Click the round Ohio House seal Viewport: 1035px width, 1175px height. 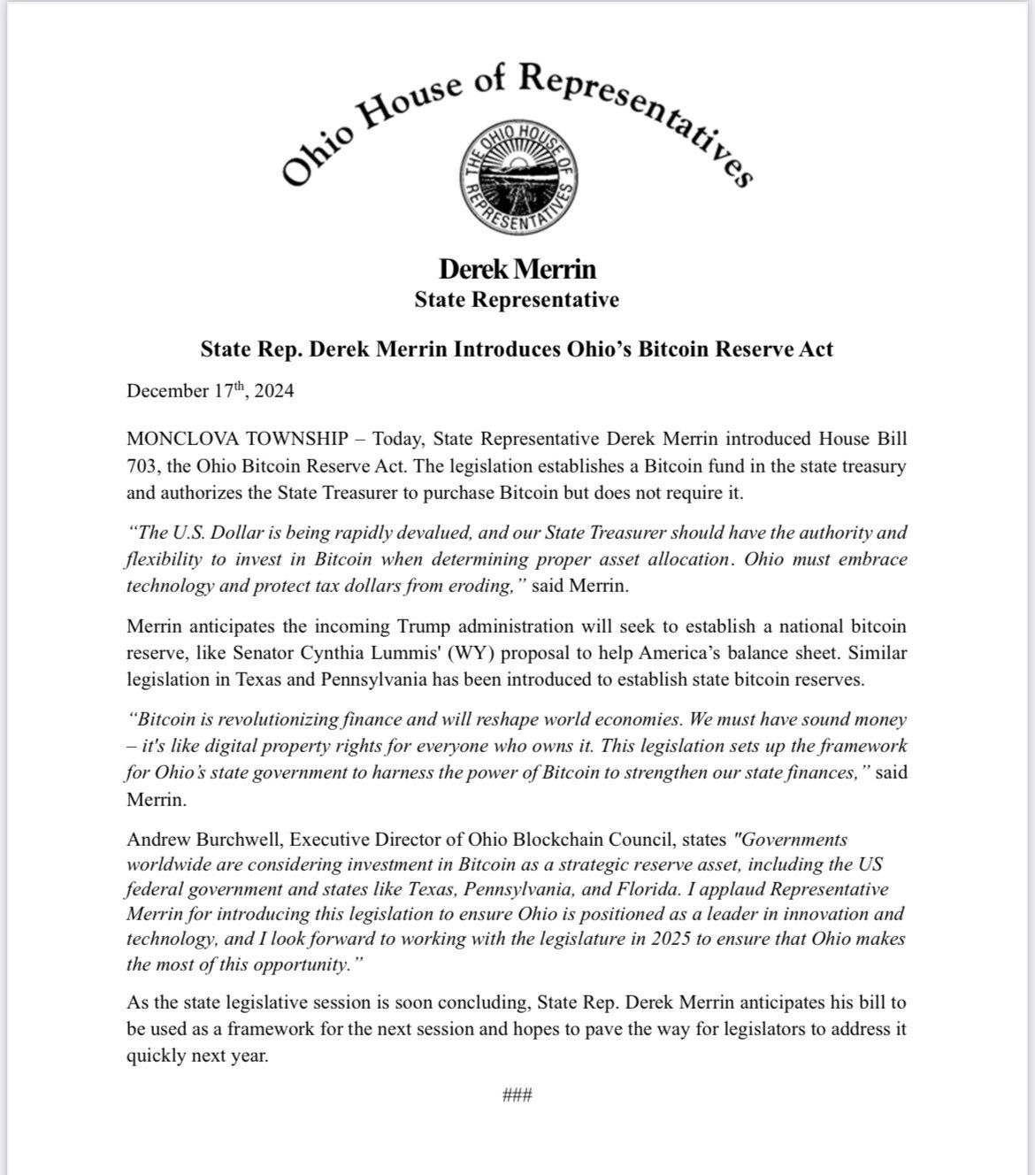pos(517,179)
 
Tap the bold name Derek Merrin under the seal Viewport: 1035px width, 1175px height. pos(517,269)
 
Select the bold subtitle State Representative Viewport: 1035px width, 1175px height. pos(517,300)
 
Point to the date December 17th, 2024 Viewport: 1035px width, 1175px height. pos(211,390)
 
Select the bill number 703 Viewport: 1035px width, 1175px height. pos(142,465)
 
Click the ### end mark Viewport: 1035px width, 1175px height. pos(517,1095)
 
